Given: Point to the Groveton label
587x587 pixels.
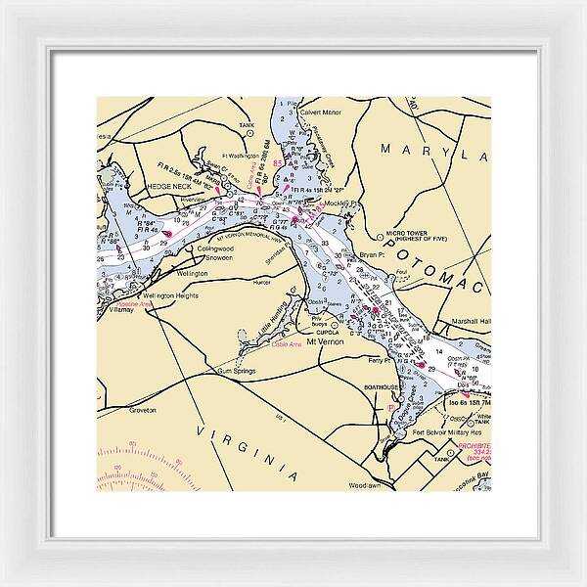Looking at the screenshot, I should tap(143, 410).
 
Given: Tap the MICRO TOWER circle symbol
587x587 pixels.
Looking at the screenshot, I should tap(380, 236).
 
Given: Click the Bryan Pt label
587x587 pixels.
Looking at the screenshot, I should tap(373, 254).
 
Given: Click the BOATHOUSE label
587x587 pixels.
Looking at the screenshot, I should tap(380, 387).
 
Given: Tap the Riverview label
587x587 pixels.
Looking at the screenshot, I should tap(193, 199).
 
